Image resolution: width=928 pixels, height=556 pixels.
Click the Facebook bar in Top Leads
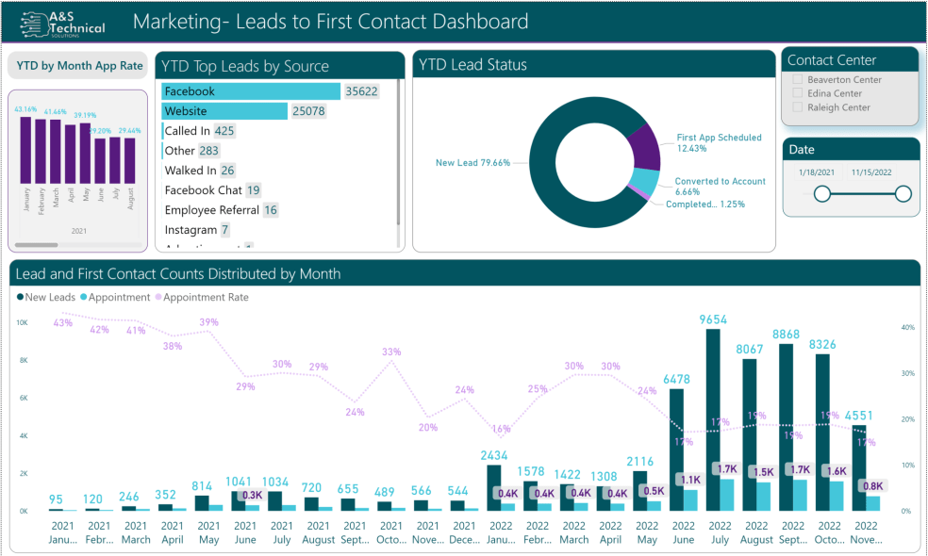(x=251, y=91)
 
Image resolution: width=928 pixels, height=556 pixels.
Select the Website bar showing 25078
(x=224, y=111)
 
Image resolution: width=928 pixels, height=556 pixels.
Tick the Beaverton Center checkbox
(x=798, y=80)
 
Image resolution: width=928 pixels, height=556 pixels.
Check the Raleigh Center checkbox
(x=798, y=107)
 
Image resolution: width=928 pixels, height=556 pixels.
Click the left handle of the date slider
(x=822, y=194)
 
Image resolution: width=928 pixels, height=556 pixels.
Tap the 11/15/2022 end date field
(x=872, y=172)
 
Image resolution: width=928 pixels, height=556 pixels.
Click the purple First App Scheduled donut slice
(x=644, y=146)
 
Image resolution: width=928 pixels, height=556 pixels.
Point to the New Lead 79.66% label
(x=472, y=163)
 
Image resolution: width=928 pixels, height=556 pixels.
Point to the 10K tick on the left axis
(x=23, y=322)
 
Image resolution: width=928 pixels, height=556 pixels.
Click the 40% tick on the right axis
(x=907, y=328)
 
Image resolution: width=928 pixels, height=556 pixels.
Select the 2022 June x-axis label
(x=683, y=532)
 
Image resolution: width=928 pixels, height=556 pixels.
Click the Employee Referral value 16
(x=271, y=210)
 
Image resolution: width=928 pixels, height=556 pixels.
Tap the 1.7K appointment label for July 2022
(x=725, y=468)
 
